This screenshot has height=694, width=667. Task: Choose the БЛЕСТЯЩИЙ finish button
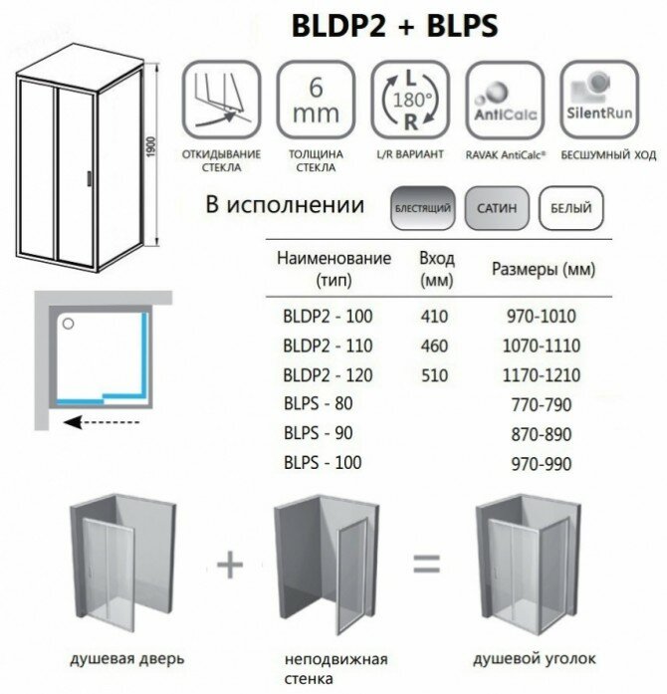(x=423, y=209)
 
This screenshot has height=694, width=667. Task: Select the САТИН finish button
(x=494, y=209)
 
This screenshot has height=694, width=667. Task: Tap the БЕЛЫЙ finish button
(x=569, y=209)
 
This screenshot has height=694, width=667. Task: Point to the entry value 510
(x=435, y=375)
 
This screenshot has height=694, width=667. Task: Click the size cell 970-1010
(x=542, y=318)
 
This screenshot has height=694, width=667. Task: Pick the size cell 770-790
(x=542, y=404)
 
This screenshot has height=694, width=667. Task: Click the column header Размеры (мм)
(x=544, y=270)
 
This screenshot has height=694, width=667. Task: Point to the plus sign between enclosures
(x=230, y=564)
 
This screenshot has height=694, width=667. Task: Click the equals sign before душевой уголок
(x=426, y=564)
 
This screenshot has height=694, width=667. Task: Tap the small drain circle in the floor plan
(x=69, y=324)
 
